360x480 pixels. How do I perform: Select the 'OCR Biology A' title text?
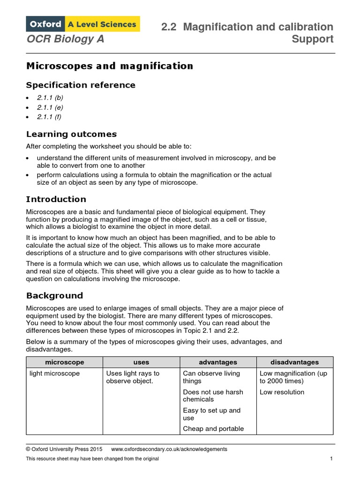pos(65,39)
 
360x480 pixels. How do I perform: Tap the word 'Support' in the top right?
pos(313,39)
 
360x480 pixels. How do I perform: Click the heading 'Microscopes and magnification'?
pos(109,66)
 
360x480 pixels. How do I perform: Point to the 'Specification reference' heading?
pos(81,85)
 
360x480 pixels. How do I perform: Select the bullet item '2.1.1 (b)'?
pos(50,98)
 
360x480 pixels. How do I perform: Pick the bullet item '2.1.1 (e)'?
pos(50,107)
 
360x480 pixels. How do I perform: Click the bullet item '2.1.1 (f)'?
pos(49,117)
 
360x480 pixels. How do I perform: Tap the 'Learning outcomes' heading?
pos(71,135)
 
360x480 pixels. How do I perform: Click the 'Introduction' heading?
pos(56,199)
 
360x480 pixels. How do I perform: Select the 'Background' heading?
pos(54,296)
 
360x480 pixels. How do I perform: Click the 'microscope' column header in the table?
pos(64,362)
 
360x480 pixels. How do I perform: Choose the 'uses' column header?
pos(141,362)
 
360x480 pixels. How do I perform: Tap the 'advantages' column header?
pos(218,362)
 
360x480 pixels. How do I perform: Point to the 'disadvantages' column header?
pos(294,362)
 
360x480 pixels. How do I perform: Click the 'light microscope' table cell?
pos(54,374)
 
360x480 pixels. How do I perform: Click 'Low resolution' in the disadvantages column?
pos(282,392)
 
